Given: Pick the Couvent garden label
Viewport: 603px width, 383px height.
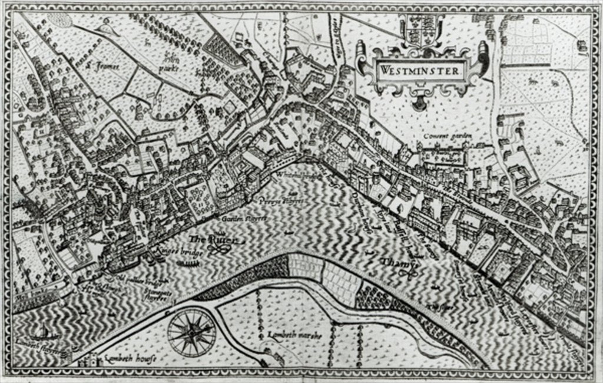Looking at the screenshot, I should coord(449,136).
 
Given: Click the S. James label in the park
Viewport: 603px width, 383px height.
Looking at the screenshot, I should coord(104,66).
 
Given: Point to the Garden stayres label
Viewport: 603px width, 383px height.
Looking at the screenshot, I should coord(244,219).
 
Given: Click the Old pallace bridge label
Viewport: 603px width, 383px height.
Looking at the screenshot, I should coord(131,279).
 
